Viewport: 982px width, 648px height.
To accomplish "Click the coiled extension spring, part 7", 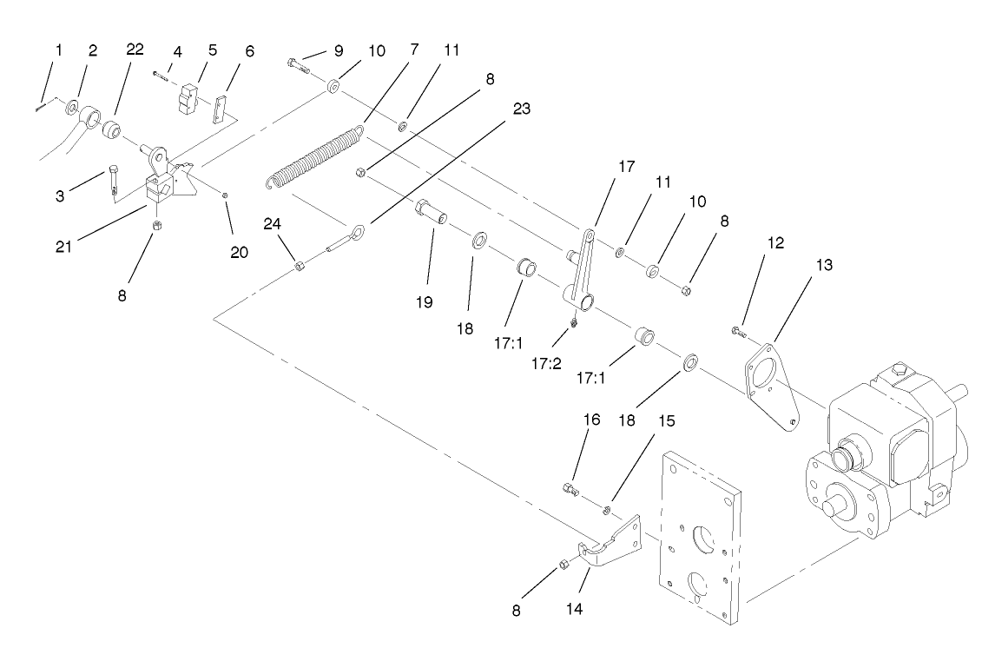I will click(x=314, y=158).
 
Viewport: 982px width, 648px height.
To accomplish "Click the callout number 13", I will click(x=822, y=266).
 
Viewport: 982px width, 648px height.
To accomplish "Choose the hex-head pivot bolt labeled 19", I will click(x=430, y=211).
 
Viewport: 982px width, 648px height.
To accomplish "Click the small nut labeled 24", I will click(x=298, y=265).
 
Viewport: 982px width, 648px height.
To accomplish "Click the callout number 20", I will click(x=238, y=253).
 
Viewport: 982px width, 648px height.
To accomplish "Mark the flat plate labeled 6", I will click(x=223, y=109).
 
